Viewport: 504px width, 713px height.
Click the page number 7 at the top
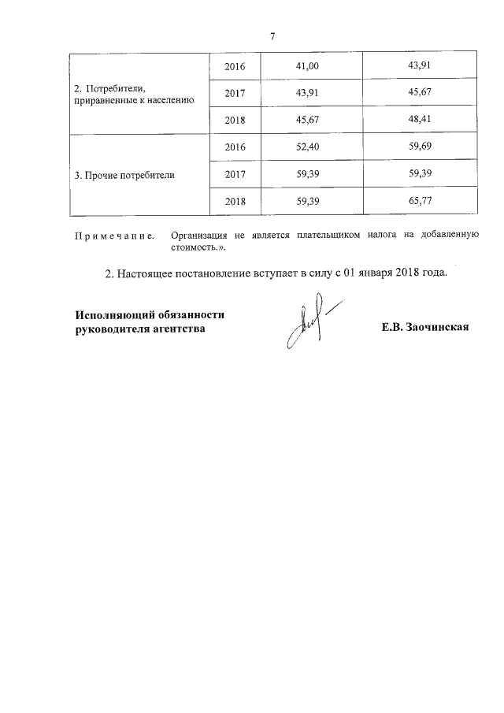[272, 36]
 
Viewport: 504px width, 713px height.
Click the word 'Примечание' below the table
[113, 236]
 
